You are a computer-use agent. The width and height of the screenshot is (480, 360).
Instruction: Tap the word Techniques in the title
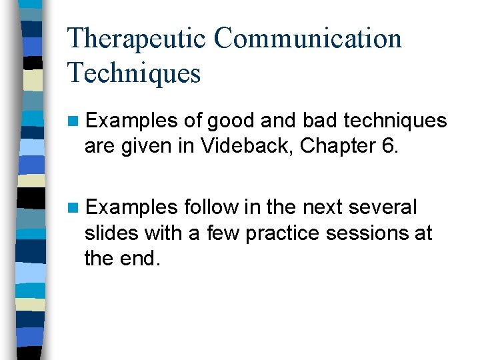pos(134,73)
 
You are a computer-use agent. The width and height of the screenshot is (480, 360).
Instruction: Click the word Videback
pos(251,146)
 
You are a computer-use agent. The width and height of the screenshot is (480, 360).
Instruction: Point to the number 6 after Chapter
pos(389,146)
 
